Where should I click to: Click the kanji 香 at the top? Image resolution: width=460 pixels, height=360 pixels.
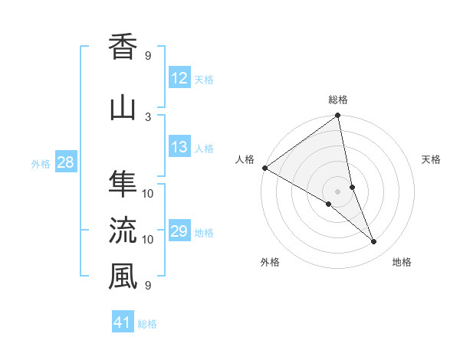tap(123, 48)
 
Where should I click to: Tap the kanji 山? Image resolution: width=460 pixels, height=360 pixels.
tap(123, 108)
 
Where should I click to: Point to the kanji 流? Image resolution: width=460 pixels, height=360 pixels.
tap(123, 231)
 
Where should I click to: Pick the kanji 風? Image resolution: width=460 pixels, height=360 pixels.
tap(123, 277)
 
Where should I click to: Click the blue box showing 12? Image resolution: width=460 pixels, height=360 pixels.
tap(179, 78)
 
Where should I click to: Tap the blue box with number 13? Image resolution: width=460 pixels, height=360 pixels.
tap(179, 148)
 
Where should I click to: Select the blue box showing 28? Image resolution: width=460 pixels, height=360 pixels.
tap(65, 162)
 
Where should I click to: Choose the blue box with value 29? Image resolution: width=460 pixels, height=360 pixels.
tap(179, 232)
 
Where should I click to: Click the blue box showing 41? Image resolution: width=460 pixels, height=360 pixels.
tap(123, 322)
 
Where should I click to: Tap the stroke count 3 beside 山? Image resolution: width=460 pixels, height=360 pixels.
tap(148, 116)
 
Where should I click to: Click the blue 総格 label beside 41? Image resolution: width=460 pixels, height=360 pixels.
tap(147, 323)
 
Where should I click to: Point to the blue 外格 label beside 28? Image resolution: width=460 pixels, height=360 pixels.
tap(41, 163)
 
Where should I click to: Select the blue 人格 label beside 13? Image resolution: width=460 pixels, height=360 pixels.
tap(204, 149)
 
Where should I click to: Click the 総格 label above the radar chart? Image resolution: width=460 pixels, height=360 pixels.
tap(338, 100)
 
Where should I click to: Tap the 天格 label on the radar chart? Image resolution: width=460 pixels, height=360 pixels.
tap(432, 159)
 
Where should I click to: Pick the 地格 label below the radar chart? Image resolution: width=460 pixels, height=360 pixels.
tap(402, 262)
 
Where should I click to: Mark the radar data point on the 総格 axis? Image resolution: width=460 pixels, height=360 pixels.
tap(338, 116)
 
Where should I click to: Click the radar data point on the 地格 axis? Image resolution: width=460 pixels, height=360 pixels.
tap(374, 242)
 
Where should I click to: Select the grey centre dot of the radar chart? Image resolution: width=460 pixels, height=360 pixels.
tap(338, 190)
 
